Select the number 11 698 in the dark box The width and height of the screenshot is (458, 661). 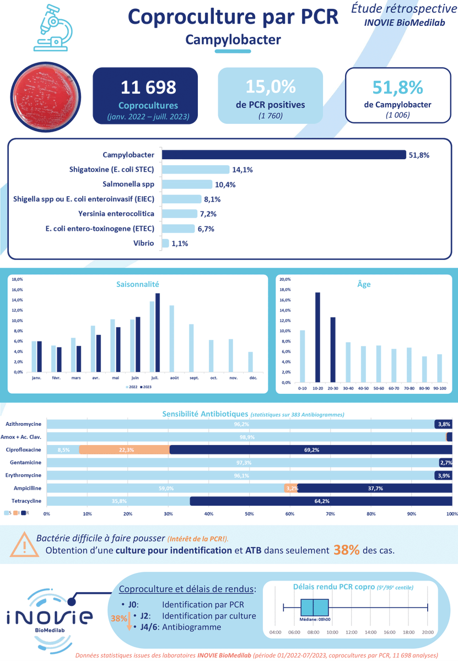pos(149,87)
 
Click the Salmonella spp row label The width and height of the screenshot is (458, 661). pos(128,184)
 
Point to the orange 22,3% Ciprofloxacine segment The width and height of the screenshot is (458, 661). pos(124,450)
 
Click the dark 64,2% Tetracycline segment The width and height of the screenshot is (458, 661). pos(321,501)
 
